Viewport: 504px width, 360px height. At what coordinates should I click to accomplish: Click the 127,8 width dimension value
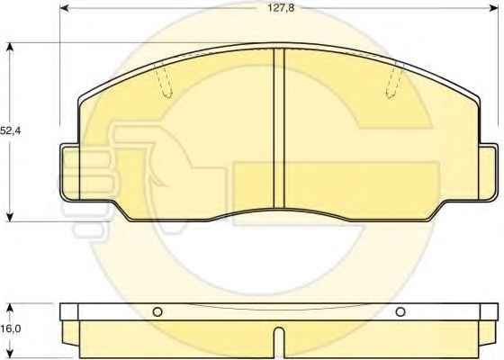(281, 8)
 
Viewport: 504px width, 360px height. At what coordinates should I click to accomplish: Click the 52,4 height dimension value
(10, 130)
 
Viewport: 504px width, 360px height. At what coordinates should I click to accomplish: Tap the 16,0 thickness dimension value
(10, 328)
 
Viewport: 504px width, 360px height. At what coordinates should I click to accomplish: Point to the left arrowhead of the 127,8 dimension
(65, 8)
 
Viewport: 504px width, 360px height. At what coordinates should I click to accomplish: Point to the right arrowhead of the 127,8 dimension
(493, 8)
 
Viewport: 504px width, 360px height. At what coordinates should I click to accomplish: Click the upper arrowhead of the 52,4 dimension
(10, 48)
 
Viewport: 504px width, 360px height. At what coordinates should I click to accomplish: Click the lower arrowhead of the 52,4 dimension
(10, 217)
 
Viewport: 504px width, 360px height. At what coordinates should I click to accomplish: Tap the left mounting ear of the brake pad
(69, 173)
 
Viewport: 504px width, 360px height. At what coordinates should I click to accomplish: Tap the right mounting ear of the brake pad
(489, 173)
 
